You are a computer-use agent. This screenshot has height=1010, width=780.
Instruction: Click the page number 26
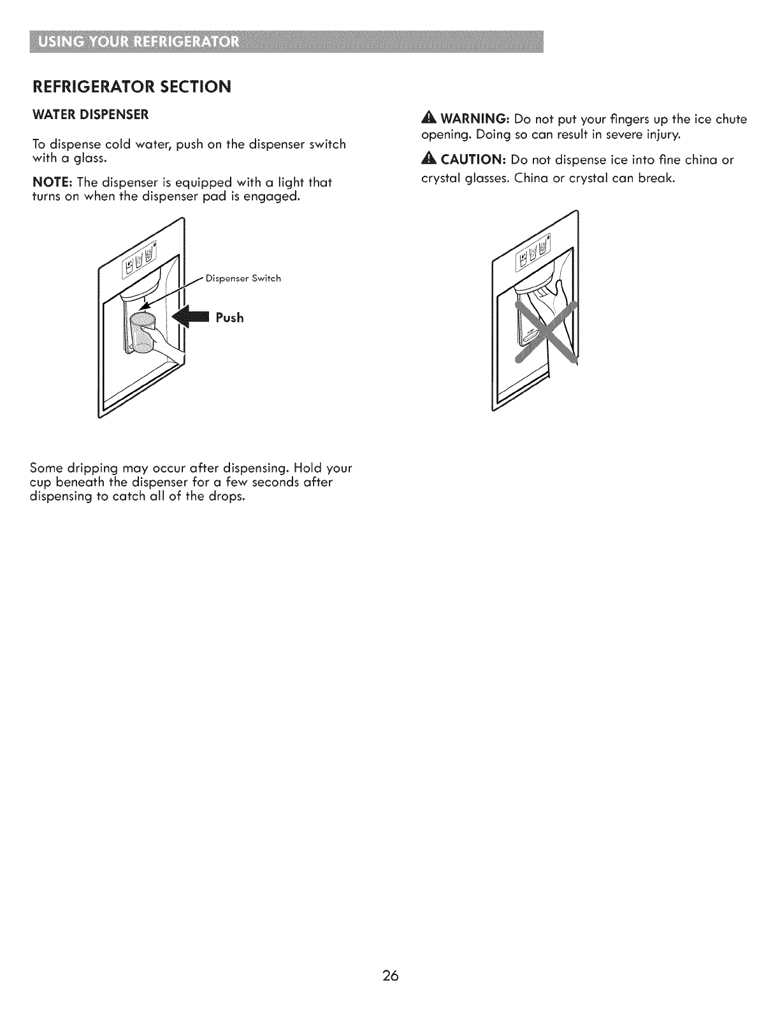point(391,975)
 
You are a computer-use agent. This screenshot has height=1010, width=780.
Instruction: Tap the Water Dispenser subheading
point(90,115)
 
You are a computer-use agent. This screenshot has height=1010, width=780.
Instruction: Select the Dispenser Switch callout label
point(244,278)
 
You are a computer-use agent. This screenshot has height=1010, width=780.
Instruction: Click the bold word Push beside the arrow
point(229,317)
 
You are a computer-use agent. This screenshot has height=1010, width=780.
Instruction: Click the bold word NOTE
point(52,183)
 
